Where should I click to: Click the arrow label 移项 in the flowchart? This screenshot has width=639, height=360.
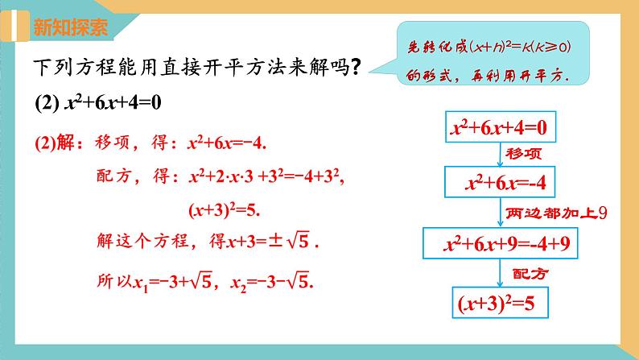523,154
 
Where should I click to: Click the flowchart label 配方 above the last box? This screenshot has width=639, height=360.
529,273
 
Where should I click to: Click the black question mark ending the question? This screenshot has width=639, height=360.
354,69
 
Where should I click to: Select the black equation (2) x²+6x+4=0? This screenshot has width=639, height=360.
105,104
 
